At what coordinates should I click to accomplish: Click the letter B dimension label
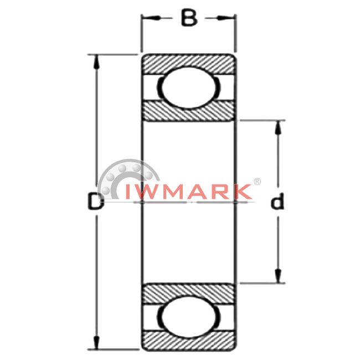coord(189,18)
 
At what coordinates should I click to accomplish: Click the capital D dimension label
coord(96,202)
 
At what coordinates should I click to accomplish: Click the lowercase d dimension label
coord(277,202)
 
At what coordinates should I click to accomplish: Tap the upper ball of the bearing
coord(189,88)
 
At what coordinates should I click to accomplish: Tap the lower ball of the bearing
coord(189,317)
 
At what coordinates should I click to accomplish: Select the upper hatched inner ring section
coord(189,111)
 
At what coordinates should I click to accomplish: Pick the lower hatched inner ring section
coord(189,294)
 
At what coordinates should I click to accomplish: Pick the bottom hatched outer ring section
coord(189,341)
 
